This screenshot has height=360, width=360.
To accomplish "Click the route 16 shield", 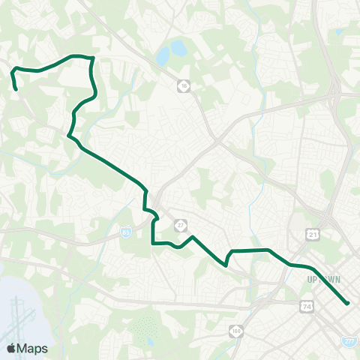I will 184,87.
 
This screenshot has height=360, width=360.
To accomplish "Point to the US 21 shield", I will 311,235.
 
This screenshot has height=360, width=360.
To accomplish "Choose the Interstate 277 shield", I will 349,340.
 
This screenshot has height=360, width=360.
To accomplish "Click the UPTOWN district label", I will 324,279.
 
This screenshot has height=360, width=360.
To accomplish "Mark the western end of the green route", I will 16,89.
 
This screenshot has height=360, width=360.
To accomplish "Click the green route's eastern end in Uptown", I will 348,303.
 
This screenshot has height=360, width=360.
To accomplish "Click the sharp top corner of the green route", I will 91,58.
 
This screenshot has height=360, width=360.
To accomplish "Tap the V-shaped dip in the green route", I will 226,265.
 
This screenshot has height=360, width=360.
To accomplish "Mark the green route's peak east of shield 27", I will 193,237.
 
